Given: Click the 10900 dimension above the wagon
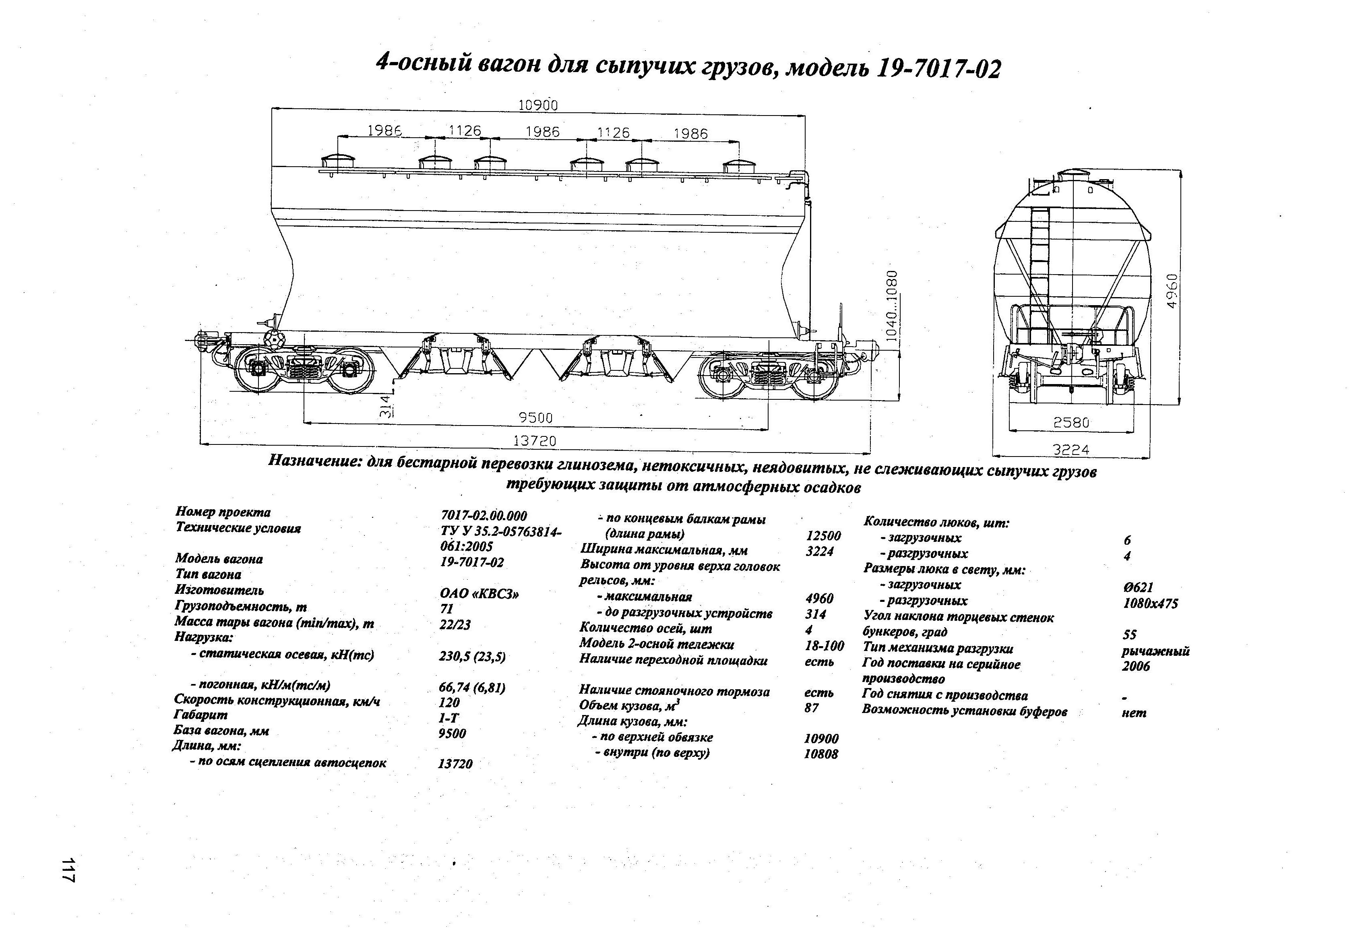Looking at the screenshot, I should click(x=537, y=105).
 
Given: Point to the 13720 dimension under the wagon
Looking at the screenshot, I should click(x=534, y=440).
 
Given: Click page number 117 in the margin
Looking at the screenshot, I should click(x=69, y=869).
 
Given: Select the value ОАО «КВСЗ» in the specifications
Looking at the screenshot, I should click(x=479, y=593).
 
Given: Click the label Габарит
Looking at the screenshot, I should click(x=200, y=715).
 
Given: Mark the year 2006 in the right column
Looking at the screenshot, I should click(x=1136, y=666).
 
